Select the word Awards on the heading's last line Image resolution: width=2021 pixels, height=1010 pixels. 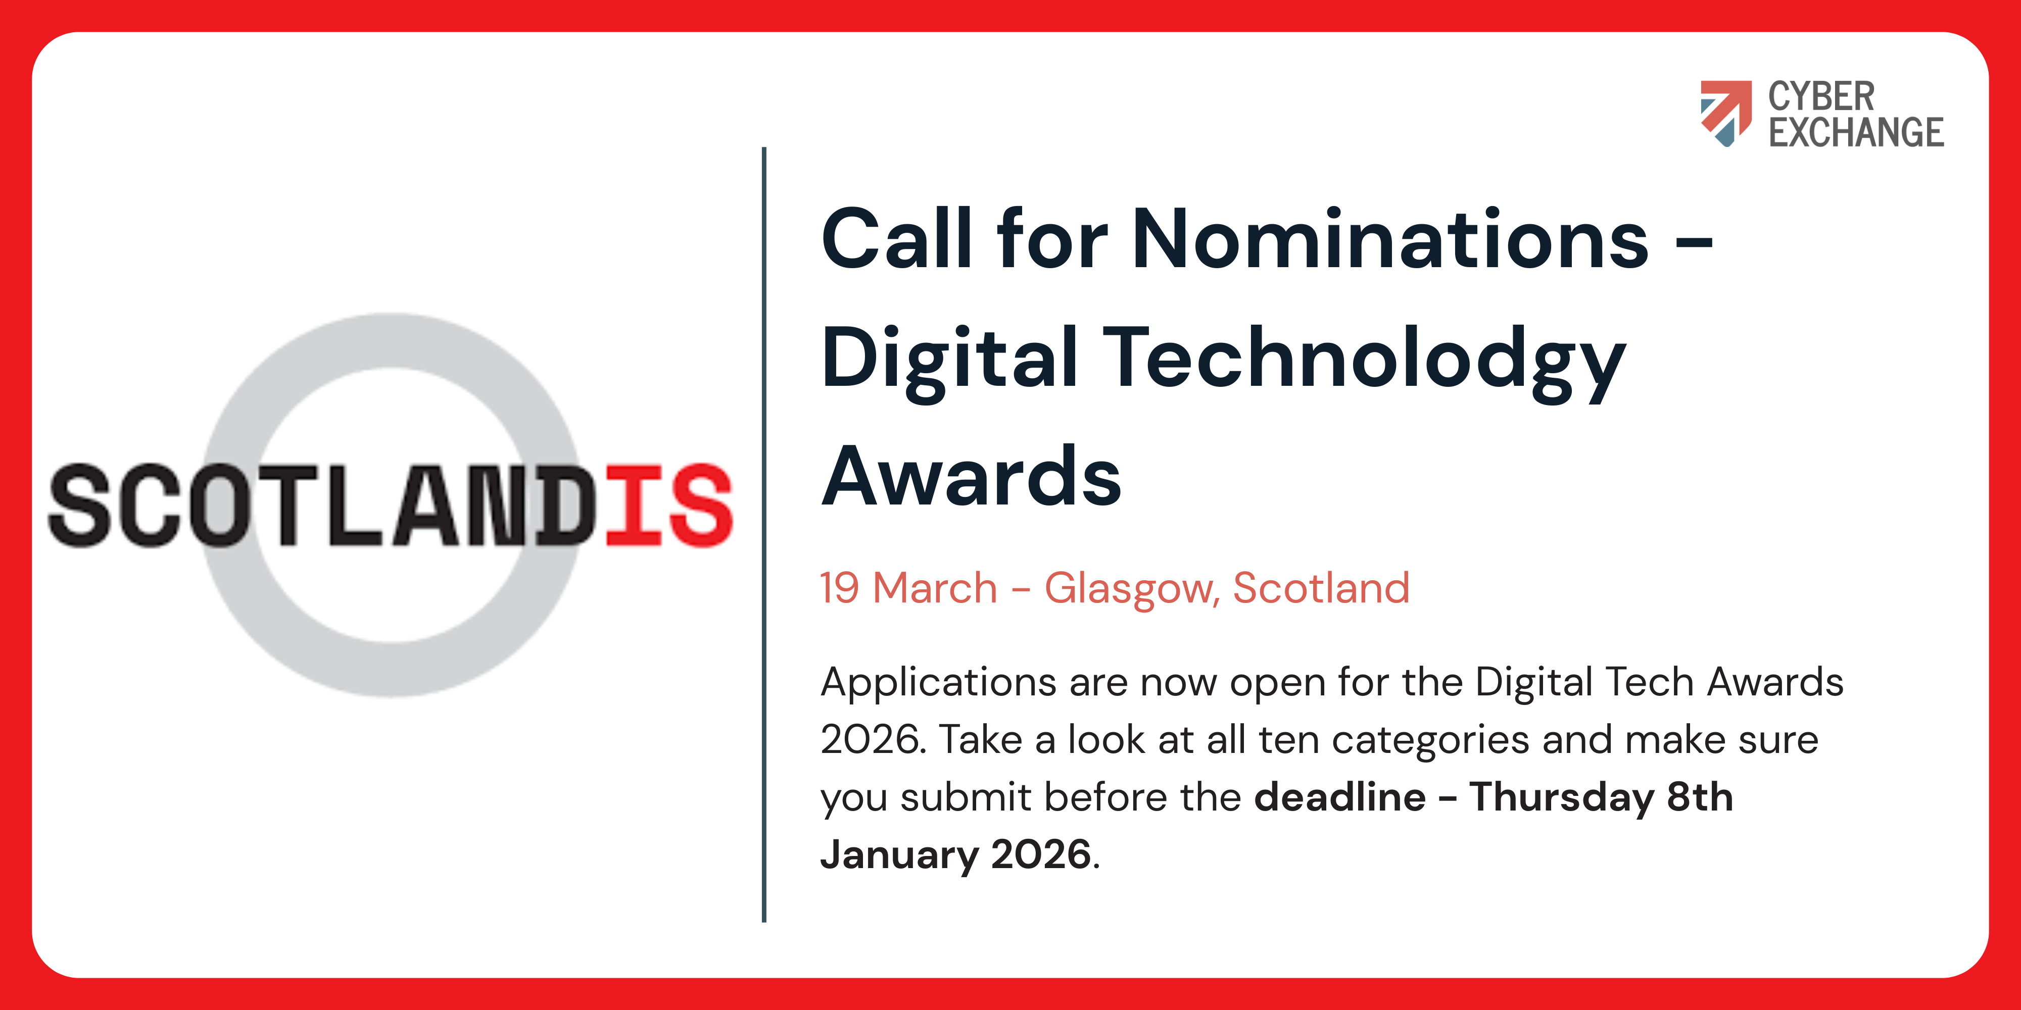(x=971, y=476)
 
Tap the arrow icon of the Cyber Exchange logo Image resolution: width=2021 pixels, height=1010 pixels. (x=1725, y=113)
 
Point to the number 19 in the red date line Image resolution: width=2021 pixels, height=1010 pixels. (x=839, y=588)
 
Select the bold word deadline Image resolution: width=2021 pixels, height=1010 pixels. (x=1340, y=797)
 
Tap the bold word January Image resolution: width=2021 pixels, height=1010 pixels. (x=899, y=855)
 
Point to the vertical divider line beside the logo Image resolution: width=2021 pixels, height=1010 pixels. (x=763, y=534)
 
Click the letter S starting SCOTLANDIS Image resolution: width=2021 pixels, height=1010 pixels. (x=78, y=505)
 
